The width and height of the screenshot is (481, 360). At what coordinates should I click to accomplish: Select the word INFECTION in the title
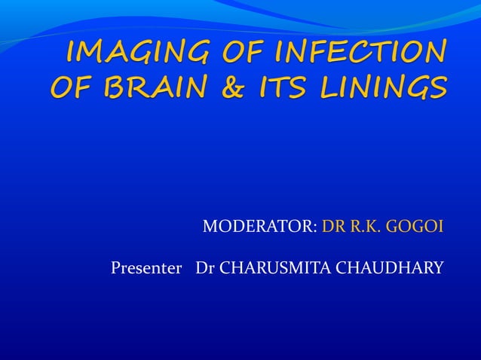click(359, 53)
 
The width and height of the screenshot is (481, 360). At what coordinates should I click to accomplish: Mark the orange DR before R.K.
click(334, 226)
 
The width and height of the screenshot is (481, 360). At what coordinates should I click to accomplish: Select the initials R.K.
click(367, 226)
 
